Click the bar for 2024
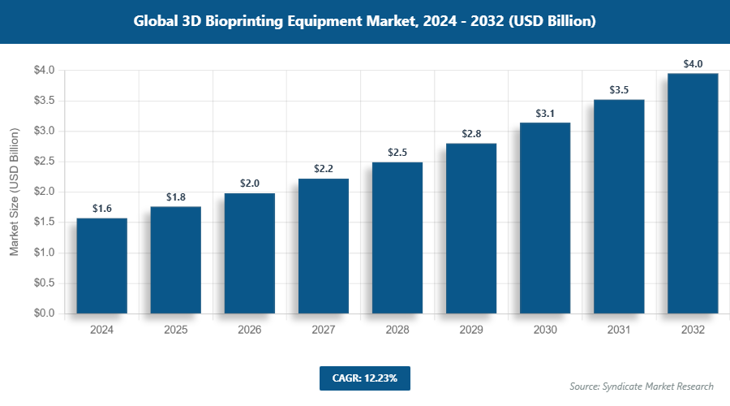coord(101,266)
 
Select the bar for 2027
coord(323,246)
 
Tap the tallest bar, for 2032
coord(693,193)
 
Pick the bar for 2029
coord(470,228)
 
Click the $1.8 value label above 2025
coord(175,197)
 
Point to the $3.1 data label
coord(545,114)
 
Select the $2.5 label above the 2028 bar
coord(397,153)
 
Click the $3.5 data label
coord(619,90)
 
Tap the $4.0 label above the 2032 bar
coord(693,64)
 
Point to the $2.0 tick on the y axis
coord(44,192)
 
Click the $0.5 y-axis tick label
coord(44,283)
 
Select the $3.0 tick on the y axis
coord(44,131)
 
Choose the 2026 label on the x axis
coord(249,330)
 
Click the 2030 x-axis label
coord(545,330)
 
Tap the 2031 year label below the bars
coord(619,330)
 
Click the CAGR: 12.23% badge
coord(364,378)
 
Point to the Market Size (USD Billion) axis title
coord(14,192)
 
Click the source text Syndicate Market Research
coord(642,386)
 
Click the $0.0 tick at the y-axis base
coord(44,313)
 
